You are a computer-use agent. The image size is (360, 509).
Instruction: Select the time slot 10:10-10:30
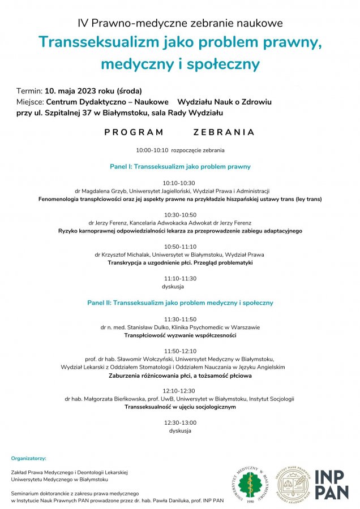(x=179, y=183)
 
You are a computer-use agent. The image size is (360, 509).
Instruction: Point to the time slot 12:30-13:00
(x=180, y=422)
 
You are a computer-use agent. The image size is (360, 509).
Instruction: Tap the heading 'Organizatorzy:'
(x=28, y=458)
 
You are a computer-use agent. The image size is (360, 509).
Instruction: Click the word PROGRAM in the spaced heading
(x=134, y=132)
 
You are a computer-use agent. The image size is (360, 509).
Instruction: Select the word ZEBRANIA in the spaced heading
(x=223, y=132)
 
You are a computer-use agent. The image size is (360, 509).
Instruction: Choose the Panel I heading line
(x=180, y=167)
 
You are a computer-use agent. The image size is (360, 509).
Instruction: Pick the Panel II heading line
(x=180, y=303)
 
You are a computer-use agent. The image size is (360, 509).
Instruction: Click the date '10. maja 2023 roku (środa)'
(x=94, y=90)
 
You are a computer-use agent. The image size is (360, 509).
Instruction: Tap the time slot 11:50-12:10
(x=180, y=351)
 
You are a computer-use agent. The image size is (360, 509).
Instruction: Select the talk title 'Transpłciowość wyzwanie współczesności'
(x=180, y=335)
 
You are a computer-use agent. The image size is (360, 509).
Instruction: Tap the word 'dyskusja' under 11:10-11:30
(x=180, y=287)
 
